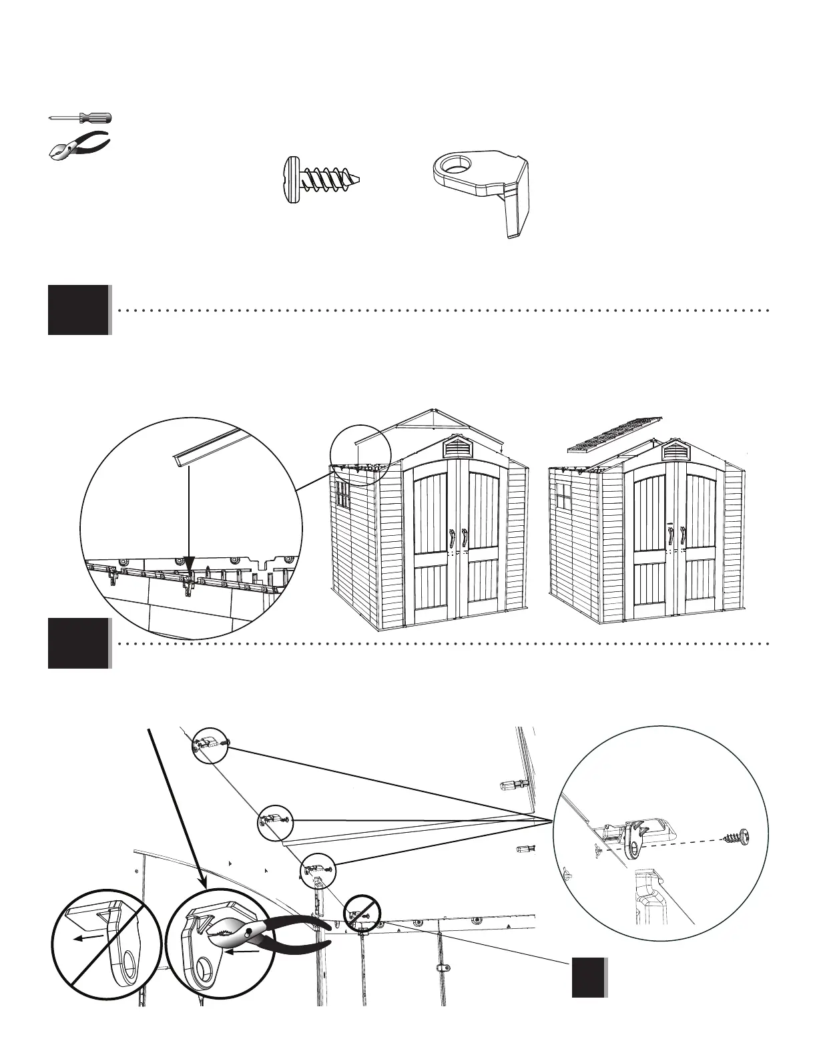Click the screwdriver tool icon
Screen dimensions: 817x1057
pos(81,118)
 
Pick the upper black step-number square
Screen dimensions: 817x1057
pos(78,310)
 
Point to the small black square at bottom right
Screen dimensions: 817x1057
pos(589,978)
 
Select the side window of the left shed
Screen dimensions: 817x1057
pos(341,495)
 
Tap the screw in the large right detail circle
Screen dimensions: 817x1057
pos(737,835)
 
